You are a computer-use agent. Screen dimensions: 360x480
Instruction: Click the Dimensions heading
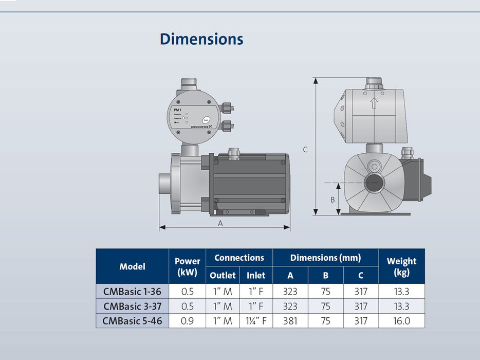(x=201, y=39)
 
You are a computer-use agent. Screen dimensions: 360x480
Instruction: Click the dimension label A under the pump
(x=220, y=223)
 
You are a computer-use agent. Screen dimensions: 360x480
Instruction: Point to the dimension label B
(x=332, y=200)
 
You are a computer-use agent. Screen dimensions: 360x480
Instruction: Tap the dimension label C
(x=305, y=150)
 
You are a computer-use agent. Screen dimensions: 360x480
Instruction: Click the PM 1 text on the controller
(x=177, y=110)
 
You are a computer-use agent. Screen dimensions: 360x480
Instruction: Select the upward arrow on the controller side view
(x=374, y=103)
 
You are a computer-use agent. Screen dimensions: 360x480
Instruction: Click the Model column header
(x=132, y=266)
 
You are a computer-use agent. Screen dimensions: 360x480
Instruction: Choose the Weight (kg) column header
(x=401, y=266)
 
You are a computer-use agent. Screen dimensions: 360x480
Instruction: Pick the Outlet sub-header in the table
(x=223, y=275)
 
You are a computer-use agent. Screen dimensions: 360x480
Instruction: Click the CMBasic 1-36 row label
(x=132, y=292)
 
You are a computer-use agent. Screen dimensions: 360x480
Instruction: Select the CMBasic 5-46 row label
(x=132, y=321)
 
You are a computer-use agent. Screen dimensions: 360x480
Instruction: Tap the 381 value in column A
(x=290, y=321)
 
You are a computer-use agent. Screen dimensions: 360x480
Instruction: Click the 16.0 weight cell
(x=401, y=321)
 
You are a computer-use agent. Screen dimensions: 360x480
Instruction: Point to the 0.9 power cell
(x=187, y=321)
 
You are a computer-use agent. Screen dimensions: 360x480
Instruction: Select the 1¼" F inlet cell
(x=255, y=321)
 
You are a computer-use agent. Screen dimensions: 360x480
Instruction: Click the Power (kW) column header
(x=187, y=266)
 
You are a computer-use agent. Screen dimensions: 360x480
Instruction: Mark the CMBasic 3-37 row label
(x=132, y=307)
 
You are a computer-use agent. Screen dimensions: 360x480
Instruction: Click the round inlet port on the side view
(x=374, y=183)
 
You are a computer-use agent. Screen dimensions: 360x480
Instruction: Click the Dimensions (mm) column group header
(x=325, y=258)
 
